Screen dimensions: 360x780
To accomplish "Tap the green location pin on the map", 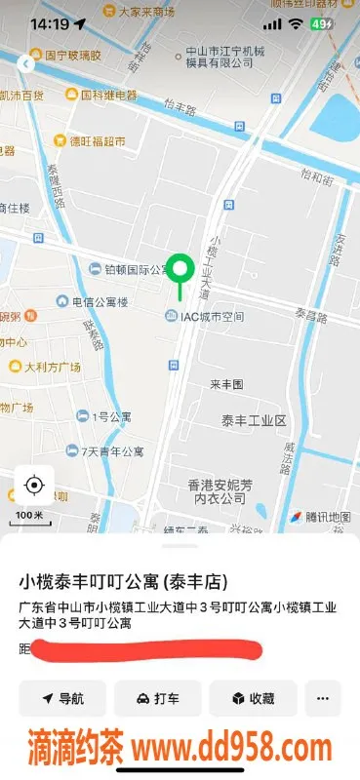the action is click(180, 269).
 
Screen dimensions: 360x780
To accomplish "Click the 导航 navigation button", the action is click(61, 698).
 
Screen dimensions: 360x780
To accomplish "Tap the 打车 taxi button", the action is click(157, 698).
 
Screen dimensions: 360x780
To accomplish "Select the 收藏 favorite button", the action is click(252, 698).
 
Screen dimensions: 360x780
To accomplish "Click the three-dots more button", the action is click(322, 698).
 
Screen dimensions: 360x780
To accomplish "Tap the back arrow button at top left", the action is click(24, 64).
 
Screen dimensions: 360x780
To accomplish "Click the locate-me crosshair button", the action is click(34, 485).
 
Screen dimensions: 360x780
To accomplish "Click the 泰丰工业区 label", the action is click(253, 420).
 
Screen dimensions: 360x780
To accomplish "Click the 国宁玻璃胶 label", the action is click(66, 56).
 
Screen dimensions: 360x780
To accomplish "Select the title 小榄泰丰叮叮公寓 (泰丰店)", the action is click(124, 582).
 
